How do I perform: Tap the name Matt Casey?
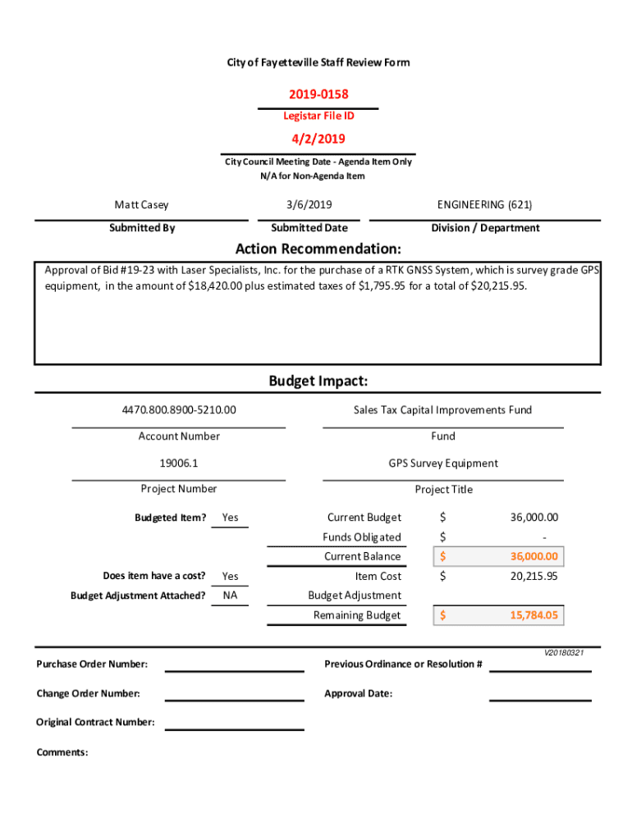(x=141, y=205)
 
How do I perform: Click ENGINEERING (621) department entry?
(x=485, y=205)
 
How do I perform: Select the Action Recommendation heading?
(x=318, y=249)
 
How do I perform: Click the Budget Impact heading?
(x=318, y=381)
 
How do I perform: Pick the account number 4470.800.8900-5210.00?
(x=178, y=409)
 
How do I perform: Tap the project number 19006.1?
(x=178, y=463)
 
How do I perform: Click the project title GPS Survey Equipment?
(x=443, y=463)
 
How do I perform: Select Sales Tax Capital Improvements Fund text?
(x=442, y=409)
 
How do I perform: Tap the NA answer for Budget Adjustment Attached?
(x=230, y=596)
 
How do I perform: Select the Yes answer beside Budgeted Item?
(x=230, y=518)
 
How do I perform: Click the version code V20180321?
(x=563, y=653)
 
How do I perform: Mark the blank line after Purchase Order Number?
(x=234, y=669)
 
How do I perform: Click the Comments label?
(x=62, y=752)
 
